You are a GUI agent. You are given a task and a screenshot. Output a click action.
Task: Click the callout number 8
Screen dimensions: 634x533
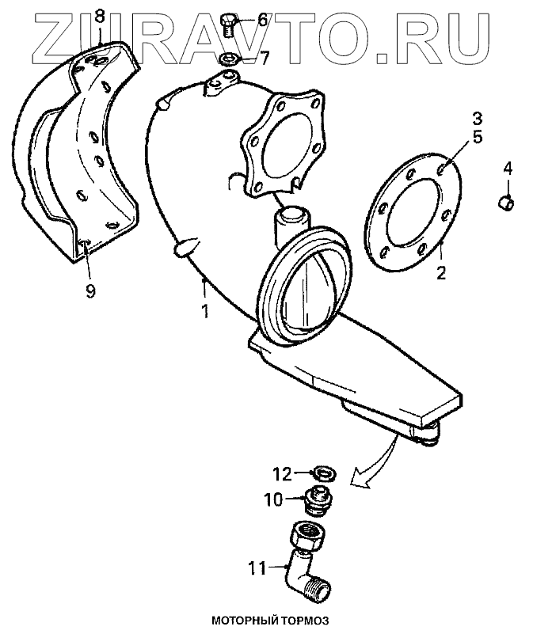[x=99, y=16]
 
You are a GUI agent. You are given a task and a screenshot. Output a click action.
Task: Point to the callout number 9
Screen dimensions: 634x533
[x=90, y=290]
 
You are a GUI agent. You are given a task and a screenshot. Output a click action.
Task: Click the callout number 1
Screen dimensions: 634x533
[x=204, y=311]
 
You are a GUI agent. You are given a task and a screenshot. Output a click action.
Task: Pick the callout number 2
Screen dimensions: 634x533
[x=442, y=275]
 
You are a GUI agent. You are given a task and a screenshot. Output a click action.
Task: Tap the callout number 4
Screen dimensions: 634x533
[x=506, y=168]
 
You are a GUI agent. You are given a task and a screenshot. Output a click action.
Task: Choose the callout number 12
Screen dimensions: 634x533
[x=283, y=474]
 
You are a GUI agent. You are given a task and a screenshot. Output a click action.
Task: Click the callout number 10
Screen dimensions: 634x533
[x=273, y=499]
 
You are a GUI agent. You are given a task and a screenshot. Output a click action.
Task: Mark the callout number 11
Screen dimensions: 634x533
[x=257, y=567]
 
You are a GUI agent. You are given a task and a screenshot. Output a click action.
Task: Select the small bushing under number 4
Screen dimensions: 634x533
[x=506, y=204]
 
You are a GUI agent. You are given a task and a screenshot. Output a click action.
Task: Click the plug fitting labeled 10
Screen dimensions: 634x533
[x=319, y=502]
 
